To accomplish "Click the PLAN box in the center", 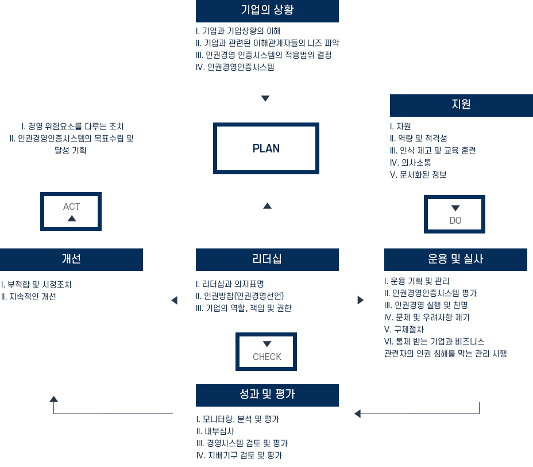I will [266, 148].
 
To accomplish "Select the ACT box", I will [72, 212].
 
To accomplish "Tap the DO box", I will [455, 215].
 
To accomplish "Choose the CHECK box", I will [266, 351].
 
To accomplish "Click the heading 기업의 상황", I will [267, 11].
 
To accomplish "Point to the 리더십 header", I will [267, 259].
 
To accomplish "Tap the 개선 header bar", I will [71, 259].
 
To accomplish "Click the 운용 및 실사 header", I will [455, 259].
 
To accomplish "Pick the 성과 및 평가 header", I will [267, 395].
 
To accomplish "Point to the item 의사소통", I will [410, 163].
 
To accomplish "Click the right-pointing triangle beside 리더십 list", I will [360, 300].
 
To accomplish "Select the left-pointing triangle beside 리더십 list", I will [174, 300].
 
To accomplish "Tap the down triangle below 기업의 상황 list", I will [265, 98].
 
